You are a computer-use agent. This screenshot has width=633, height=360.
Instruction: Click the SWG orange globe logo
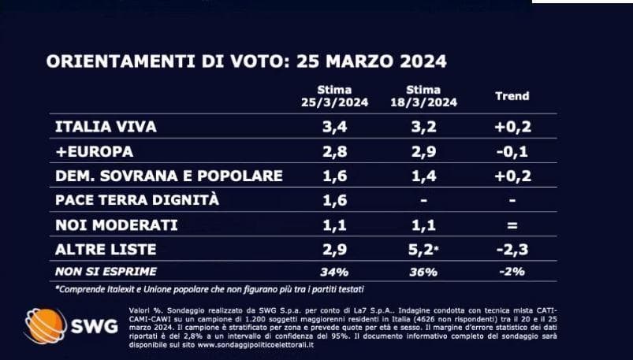pyautogui.click(x=45, y=325)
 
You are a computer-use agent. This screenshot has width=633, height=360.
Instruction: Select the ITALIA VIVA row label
pyautogui.click(x=106, y=127)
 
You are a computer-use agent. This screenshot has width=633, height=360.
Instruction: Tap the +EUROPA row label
pyautogui.click(x=94, y=151)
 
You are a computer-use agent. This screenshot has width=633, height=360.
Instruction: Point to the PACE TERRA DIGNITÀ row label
pyautogui.click(x=137, y=200)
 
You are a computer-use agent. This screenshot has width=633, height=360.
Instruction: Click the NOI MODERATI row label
pyautogui.click(x=116, y=225)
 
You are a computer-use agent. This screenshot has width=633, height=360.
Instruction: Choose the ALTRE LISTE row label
pyautogui.click(x=106, y=250)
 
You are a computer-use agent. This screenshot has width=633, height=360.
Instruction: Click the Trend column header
pyautogui.click(x=512, y=96)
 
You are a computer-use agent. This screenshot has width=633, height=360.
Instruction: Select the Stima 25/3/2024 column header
pyautogui.click(x=335, y=96)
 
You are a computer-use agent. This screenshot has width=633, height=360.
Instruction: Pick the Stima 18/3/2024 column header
pyautogui.click(x=423, y=96)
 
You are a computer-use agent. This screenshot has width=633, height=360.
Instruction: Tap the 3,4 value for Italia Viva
pyautogui.click(x=335, y=127)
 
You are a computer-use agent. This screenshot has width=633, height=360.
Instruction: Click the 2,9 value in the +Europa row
pyautogui.click(x=423, y=152)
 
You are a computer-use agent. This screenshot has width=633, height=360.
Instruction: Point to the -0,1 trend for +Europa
pyautogui.click(x=512, y=152)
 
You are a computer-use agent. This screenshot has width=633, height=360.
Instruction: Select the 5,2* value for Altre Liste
pyautogui.click(x=425, y=250)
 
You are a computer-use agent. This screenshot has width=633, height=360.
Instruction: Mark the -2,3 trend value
pyautogui.click(x=512, y=250)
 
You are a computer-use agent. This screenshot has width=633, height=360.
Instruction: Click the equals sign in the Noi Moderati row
pyautogui.click(x=512, y=225)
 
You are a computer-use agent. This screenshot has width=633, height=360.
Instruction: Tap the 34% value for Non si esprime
pyautogui.click(x=335, y=272)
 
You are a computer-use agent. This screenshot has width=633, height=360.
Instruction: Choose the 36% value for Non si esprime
pyautogui.click(x=423, y=272)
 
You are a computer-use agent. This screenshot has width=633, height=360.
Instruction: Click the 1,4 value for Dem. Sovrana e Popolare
pyautogui.click(x=423, y=176)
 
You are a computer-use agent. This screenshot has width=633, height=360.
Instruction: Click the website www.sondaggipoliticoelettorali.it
pyautogui.click(x=256, y=346)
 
